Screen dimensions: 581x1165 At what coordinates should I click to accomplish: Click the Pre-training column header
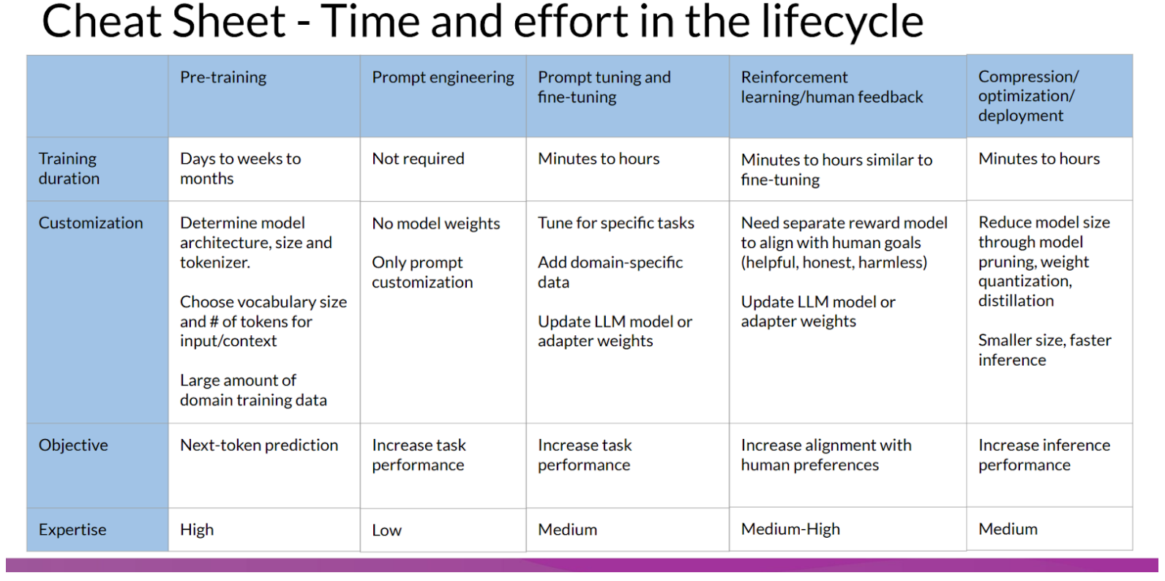(x=223, y=78)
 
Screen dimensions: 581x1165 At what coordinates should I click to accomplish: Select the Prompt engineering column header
(x=443, y=78)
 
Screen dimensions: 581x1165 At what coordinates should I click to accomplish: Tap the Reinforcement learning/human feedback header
(x=831, y=87)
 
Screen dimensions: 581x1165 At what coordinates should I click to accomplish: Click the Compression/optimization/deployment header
(x=1027, y=96)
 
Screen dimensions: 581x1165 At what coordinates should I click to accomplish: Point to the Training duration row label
(x=69, y=169)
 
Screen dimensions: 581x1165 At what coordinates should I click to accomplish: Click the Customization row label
(x=91, y=223)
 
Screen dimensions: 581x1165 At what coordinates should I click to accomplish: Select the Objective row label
(x=73, y=446)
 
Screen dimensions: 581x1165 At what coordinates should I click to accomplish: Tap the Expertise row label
(x=72, y=530)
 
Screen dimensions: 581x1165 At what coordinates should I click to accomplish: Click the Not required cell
(x=418, y=159)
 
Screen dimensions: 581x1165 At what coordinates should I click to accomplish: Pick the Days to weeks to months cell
(x=240, y=169)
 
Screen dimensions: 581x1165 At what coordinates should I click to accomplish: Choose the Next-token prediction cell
(x=259, y=446)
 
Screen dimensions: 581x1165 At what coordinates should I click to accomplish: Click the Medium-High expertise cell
(x=790, y=530)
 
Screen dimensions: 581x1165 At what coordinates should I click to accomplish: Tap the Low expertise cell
(x=386, y=531)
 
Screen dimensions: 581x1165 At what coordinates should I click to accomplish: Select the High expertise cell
(x=197, y=530)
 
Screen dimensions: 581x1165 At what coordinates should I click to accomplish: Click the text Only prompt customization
(x=422, y=272)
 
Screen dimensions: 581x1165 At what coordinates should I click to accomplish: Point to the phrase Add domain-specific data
(x=610, y=272)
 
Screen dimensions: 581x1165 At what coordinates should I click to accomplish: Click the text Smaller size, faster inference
(x=1044, y=350)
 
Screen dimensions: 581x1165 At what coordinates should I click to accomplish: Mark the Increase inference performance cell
(x=1044, y=455)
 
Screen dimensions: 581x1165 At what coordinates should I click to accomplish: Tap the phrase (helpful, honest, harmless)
(x=834, y=263)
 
